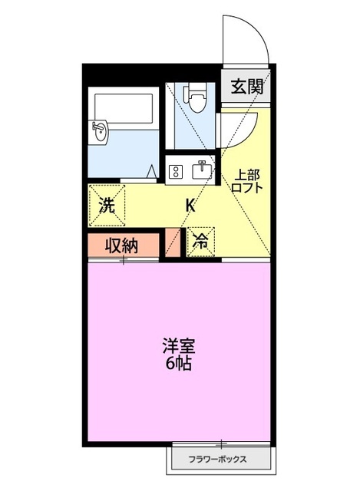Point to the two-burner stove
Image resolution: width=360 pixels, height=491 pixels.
coord(174,171)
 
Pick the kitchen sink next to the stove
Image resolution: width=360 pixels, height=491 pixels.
coord(201,169)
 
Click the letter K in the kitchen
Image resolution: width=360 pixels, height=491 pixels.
coord(189,205)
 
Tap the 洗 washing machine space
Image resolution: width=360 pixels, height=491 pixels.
coord(107,205)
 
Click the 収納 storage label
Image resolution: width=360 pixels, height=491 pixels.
coord(121,247)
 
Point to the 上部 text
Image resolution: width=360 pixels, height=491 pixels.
coord(247,174)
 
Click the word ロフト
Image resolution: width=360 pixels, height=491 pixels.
coord(247,187)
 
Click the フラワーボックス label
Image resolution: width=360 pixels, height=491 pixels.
coord(219,460)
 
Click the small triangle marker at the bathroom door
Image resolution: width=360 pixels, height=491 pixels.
coord(154,171)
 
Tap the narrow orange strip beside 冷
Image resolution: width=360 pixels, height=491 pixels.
coord(173,243)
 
